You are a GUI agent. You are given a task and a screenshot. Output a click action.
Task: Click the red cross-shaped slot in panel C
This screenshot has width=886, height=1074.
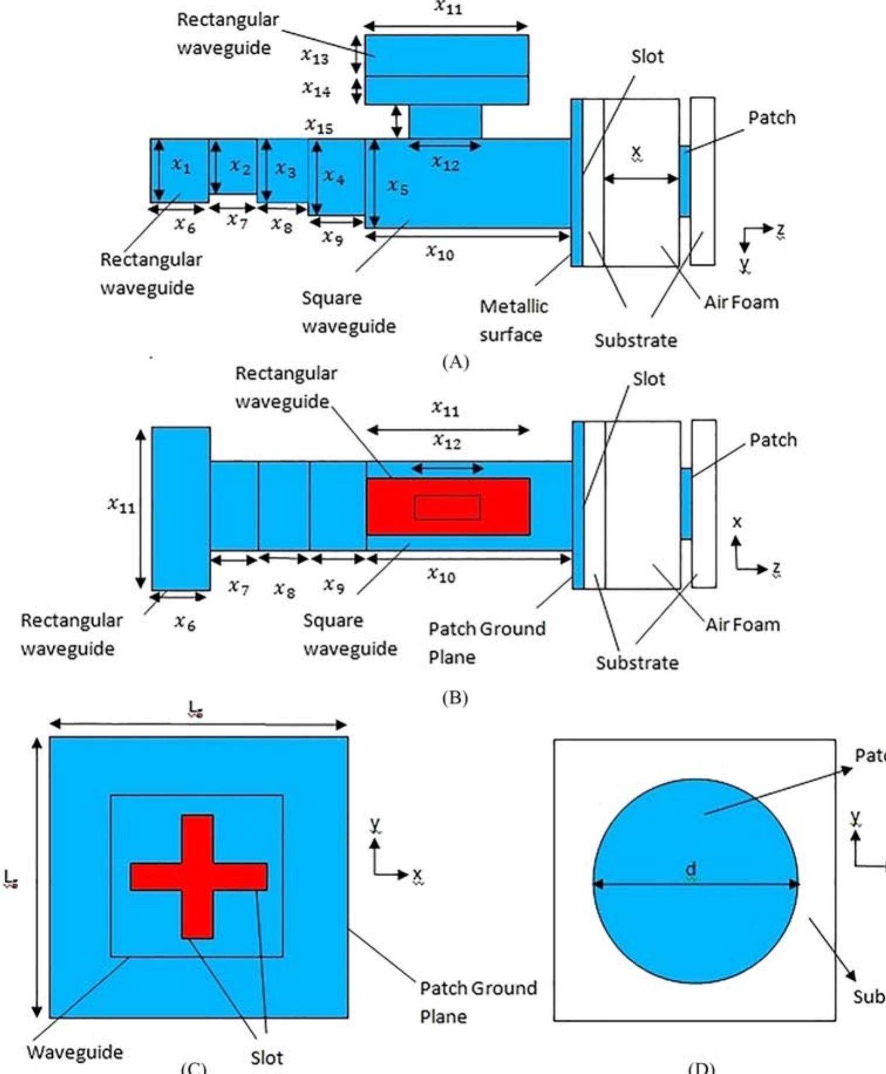198,876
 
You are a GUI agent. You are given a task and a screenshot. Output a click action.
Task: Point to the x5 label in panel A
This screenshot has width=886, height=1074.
398,187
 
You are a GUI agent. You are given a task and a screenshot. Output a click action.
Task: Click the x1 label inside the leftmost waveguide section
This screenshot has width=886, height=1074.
181,166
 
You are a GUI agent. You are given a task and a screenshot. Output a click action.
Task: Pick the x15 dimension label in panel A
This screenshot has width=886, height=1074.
319,125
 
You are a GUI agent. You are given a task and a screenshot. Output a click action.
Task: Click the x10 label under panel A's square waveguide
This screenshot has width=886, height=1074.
440,252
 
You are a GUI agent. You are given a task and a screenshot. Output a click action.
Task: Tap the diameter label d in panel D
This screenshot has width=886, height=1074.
691,870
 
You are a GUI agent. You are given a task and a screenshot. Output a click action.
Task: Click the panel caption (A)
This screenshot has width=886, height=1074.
456,362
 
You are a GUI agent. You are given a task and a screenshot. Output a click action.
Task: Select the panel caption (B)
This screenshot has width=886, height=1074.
455,697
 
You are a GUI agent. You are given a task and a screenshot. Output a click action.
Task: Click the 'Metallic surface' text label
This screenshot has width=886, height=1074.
513,320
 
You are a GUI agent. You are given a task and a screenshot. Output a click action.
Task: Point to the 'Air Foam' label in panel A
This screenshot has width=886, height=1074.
741,303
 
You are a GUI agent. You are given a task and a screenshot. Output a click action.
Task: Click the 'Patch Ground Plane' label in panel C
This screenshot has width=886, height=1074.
477,1002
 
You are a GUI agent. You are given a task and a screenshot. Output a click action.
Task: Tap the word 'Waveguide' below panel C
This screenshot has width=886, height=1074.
75,1052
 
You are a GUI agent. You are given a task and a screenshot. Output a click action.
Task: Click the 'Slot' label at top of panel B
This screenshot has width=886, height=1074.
649,379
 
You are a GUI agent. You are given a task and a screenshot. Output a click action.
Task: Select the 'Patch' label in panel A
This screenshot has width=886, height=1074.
772,118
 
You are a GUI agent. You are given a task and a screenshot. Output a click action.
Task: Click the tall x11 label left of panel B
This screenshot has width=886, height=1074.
121,505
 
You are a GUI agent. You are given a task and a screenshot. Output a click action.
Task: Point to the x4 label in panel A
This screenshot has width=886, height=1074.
334,176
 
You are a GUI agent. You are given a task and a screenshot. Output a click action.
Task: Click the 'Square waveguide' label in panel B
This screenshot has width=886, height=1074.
350,634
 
